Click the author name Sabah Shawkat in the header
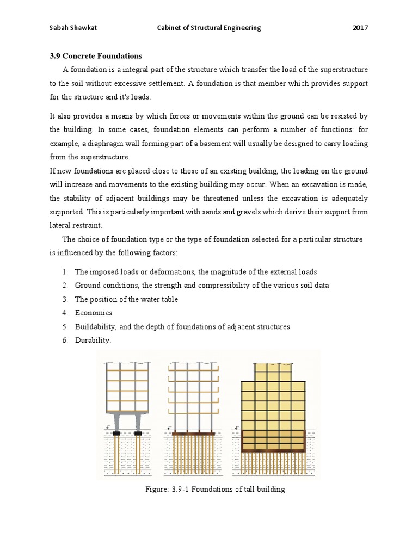point(72,28)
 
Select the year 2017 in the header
point(360,28)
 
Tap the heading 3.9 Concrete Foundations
point(95,56)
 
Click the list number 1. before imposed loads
point(64,271)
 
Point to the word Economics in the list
point(94,313)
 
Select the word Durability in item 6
point(92,341)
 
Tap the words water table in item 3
point(159,299)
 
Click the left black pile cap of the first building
point(116,433)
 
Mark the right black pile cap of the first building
point(138,433)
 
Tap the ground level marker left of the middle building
point(170,428)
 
